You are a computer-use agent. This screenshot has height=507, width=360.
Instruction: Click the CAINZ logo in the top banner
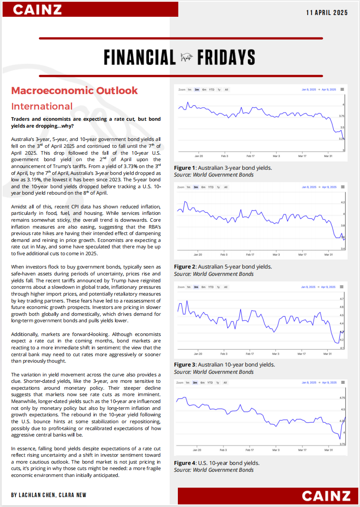coord(37,9)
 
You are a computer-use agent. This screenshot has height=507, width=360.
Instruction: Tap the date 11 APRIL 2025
coord(327,13)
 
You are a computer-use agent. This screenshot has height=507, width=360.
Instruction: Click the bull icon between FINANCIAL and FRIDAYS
coord(186,57)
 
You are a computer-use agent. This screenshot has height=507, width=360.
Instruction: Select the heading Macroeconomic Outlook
coord(74,91)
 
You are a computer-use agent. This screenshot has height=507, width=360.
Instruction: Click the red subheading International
coord(42,107)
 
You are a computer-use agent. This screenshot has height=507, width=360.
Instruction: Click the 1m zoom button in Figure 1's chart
coord(189,89)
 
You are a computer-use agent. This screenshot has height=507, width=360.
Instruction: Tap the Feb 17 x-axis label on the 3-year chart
coord(250,156)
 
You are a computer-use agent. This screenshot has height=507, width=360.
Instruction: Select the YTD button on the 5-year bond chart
coord(211,187)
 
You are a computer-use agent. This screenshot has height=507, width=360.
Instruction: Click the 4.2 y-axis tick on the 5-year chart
coord(342,202)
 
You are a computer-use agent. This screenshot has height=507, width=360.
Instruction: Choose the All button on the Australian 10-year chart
coord(226,287)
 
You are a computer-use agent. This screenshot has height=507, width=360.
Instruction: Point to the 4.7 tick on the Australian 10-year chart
coord(342,299)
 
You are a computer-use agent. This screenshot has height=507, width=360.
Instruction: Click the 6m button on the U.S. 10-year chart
coord(204,382)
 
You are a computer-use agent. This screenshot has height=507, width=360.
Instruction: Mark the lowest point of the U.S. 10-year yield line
coord(339,439)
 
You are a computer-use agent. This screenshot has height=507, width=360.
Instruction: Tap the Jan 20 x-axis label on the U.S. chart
coord(197,450)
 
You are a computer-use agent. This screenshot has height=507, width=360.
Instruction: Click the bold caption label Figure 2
coord(184,267)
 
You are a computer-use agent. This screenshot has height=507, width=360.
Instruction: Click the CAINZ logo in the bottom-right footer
coord(326,496)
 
